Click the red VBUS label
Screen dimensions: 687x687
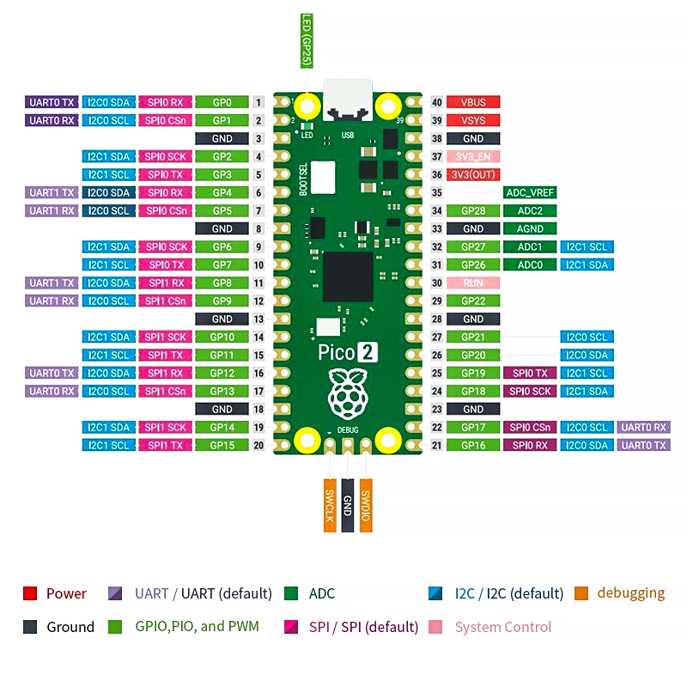(x=473, y=102)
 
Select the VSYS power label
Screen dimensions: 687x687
(x=473, y=120)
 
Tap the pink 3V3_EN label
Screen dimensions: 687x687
(x=473, y=156)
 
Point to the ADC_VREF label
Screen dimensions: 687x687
(x=530, y=192)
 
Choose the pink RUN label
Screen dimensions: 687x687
(x=473, y=283)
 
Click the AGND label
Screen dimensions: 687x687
(x=530, y=228)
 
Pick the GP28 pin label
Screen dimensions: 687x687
(x=473, y=210)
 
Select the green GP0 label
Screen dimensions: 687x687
(x=222, y=102)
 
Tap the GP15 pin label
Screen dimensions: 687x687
(x=222, y=445)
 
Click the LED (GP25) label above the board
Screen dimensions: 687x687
(x=306, y=40)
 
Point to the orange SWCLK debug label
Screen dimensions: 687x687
(x=329, y=504)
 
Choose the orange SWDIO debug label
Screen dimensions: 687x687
(x=366, y=504)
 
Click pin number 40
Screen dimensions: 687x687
(x=436, y=102)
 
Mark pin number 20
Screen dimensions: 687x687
(x=258, y=445)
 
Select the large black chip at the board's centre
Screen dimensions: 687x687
(x=348, y=277)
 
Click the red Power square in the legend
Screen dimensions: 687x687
(x=30, y=593)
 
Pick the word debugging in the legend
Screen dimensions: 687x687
(x=631, y=593)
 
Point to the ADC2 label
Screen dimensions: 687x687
(x=530, y=210)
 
